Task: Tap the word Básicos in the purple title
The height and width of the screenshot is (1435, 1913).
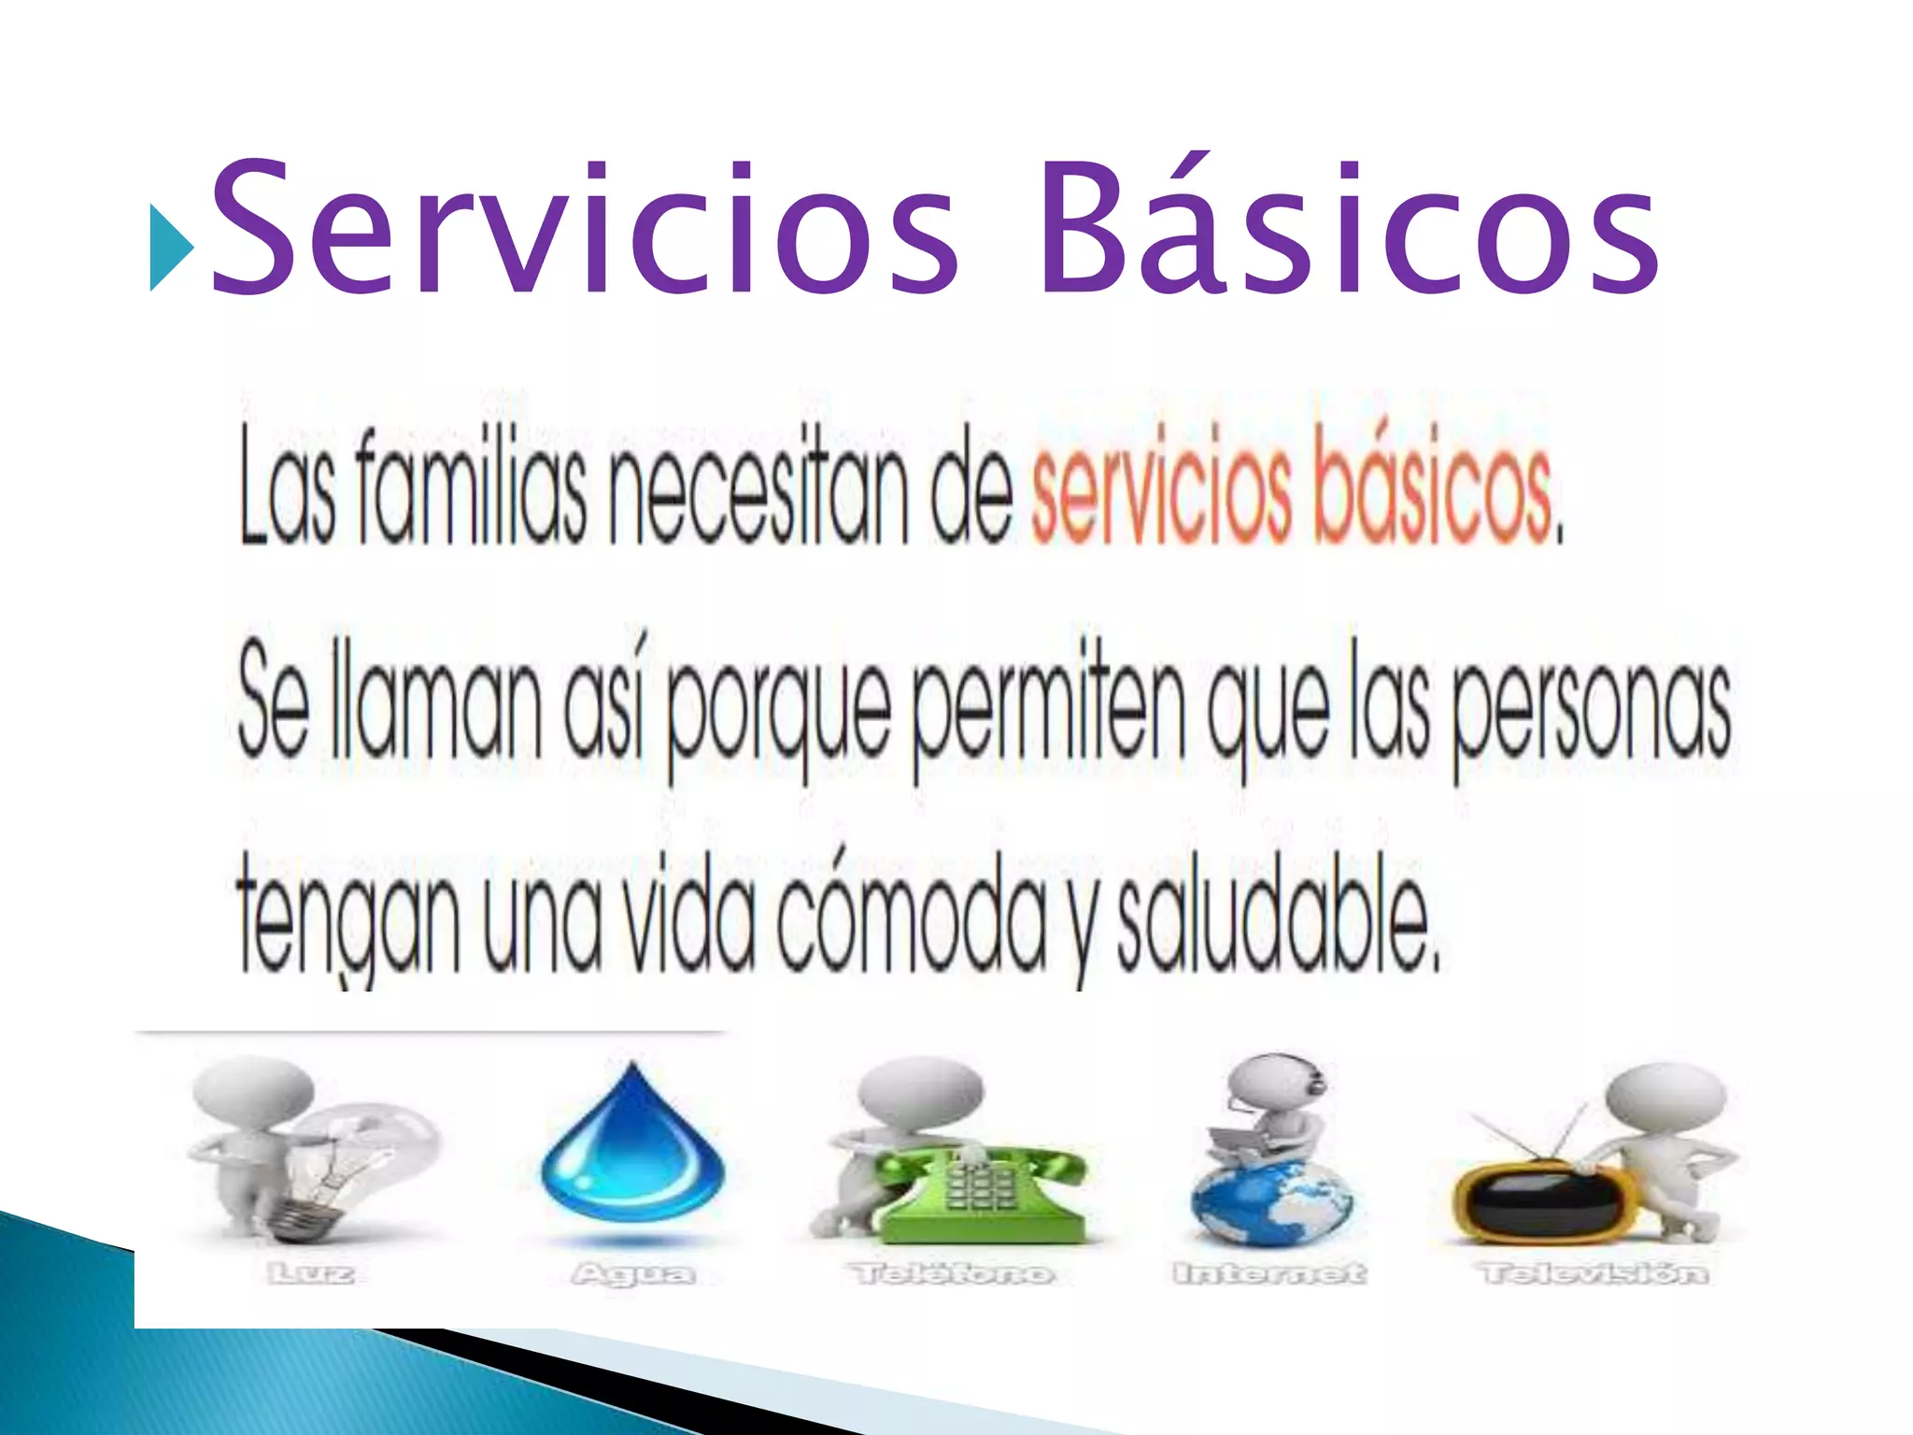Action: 1345,229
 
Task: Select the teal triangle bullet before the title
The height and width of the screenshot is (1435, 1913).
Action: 171,249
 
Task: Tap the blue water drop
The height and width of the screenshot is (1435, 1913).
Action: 632,1149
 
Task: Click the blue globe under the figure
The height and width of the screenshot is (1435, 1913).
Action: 1270,1205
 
